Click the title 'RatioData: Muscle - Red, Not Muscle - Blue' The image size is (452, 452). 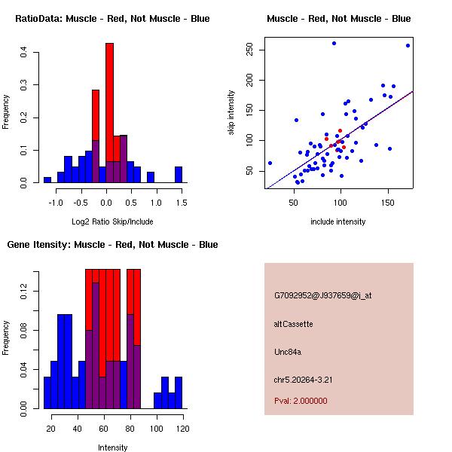(112, 19)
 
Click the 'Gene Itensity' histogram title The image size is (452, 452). (112, 245)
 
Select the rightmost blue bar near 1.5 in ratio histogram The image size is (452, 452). (179, 175)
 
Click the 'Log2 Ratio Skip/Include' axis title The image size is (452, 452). (112, 221)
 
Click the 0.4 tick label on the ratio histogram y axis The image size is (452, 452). (24, 53)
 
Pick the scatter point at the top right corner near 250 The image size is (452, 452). (408, 46)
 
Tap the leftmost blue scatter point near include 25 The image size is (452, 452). (270, 163)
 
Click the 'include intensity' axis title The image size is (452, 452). (338, 221)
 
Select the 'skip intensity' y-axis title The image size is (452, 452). (232, 112)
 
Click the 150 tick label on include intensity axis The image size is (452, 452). (388, 203)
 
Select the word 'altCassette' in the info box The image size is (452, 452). (294, 324)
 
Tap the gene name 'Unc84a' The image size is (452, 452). (288, 352)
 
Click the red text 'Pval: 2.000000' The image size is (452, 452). (301, 401)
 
